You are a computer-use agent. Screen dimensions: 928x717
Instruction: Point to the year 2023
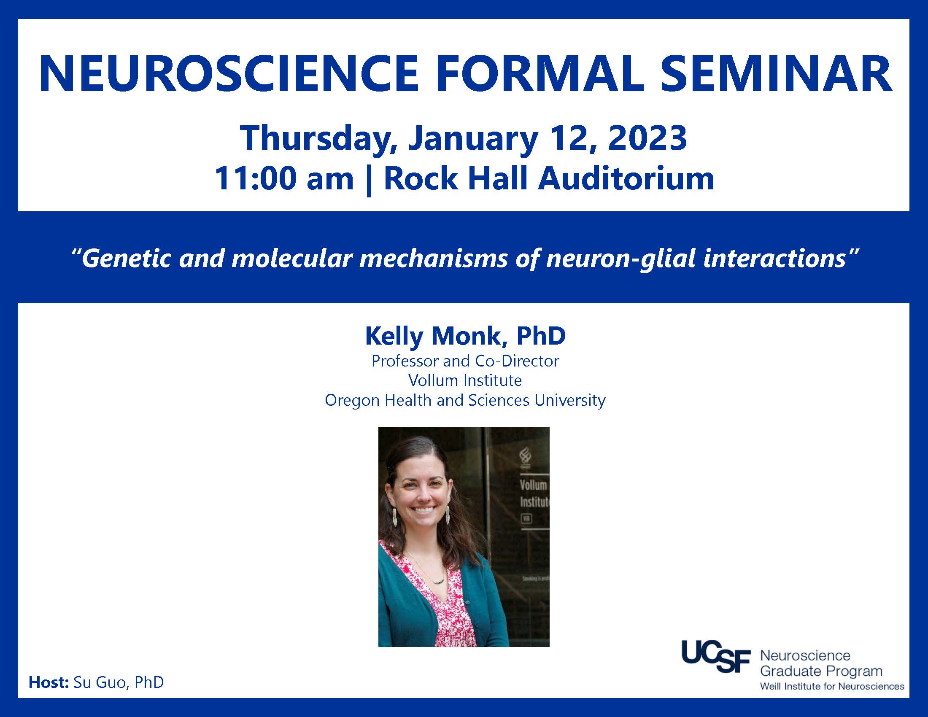pos(647,138)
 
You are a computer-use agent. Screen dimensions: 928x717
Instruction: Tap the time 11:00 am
pos(284,178)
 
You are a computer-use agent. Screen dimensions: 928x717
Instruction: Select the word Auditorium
pos(626,178)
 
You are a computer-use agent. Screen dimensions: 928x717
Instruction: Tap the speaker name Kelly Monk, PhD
pos(465,336)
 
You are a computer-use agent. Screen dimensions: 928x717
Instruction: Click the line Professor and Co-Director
pos(465,361)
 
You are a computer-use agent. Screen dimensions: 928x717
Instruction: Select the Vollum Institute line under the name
pos(465,380)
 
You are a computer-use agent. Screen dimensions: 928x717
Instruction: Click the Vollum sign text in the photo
pos(533,485)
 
